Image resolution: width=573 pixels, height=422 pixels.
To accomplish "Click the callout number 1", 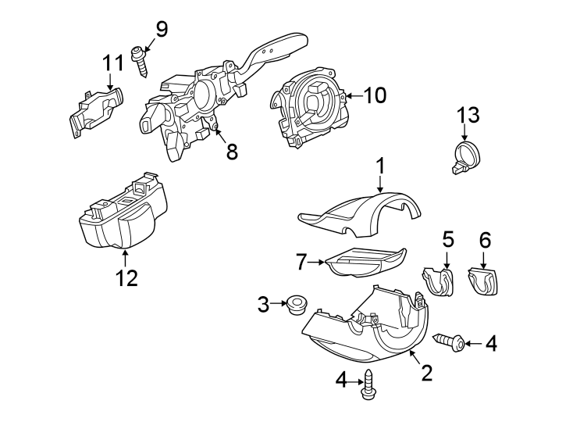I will (380, 166).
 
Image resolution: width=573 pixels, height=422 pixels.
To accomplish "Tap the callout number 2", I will (426, 373).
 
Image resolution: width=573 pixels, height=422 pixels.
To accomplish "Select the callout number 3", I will (263, 302).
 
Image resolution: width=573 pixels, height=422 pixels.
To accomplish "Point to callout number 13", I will (468, 116).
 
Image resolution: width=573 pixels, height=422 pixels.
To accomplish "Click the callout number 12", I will (126, 277).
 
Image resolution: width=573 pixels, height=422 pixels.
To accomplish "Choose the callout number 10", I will (375, 95).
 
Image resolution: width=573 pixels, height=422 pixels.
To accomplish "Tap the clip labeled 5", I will (439, 281).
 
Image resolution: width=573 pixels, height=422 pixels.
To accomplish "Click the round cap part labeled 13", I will (465, 152).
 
